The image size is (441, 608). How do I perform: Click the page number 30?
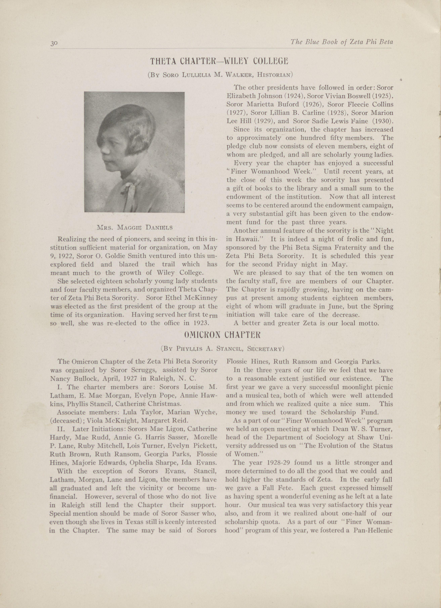coord(54,43)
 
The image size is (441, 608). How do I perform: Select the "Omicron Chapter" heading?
coord(222,335)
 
